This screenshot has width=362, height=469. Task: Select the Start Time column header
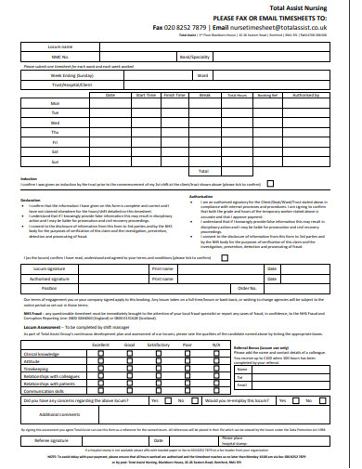coord(146,94)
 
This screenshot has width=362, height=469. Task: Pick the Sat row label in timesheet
coord(55,152)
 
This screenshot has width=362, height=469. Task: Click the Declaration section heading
coord(31,200)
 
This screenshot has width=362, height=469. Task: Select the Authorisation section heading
coord(201,196)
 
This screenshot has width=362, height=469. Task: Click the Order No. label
coord(246,288)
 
